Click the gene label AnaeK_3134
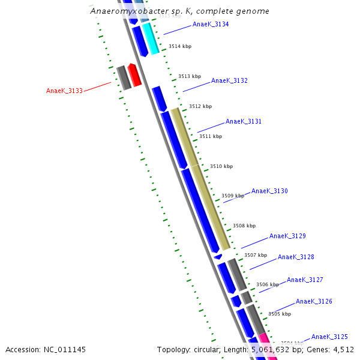211,25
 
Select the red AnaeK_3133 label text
64,91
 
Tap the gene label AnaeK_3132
229,81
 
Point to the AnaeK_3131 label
244,122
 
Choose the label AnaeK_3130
269,191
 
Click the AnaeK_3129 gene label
287,236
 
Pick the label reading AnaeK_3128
296,257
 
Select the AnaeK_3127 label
305,280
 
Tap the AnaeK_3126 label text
314,302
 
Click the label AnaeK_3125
329,337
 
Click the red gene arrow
135,75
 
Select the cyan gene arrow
151,39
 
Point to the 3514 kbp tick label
180,46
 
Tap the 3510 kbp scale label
221,166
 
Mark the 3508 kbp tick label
244,226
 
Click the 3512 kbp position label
200,106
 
